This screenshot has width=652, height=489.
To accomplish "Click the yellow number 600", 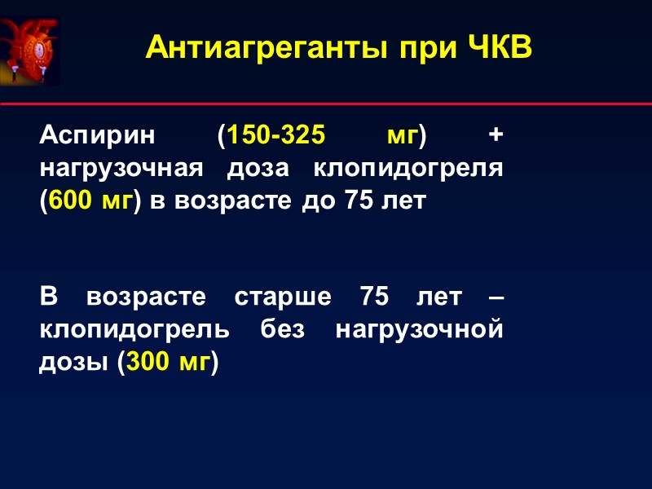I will [x=72, y=200].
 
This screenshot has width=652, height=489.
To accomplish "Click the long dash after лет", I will [x=494, y=298].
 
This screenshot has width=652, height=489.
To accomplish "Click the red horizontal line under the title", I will [x=326, y=104].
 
